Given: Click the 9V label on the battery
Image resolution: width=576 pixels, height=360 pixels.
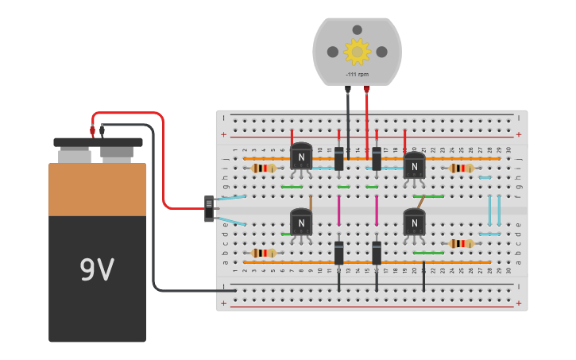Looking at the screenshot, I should click(97, 271).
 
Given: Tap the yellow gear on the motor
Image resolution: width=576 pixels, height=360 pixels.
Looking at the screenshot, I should click(357, 52).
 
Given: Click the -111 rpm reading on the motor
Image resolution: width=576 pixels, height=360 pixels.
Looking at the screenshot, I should click(357, 75).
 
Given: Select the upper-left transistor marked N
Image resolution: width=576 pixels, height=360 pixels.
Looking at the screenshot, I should click(301, 156).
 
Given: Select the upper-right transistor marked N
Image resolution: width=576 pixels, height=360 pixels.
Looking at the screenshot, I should click(414, 165).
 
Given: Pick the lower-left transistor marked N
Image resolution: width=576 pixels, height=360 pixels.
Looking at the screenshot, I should click(301, 222).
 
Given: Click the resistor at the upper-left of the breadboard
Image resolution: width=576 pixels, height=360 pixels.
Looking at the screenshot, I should click(264, 168).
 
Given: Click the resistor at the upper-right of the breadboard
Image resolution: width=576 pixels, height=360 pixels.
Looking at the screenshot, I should click(461, 168).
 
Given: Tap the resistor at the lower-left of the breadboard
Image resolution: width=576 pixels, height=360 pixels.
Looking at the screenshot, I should click(264, 253).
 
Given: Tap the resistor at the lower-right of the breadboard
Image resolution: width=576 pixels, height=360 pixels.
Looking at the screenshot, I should click(461, 243).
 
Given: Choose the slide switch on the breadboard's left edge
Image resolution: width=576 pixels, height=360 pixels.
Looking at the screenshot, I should click(209, 208).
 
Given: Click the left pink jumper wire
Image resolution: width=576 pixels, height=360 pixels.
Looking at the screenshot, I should click(338, 210).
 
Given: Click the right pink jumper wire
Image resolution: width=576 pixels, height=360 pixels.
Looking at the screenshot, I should click(376, 210).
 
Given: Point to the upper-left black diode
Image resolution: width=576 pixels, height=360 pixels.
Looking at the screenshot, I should click(338, 158).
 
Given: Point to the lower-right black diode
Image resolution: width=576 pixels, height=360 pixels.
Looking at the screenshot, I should click(377, 253).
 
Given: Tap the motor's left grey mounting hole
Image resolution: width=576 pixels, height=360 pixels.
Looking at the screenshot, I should click(332, 52).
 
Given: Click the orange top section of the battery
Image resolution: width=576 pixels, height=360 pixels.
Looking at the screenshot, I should click(97, 189).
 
